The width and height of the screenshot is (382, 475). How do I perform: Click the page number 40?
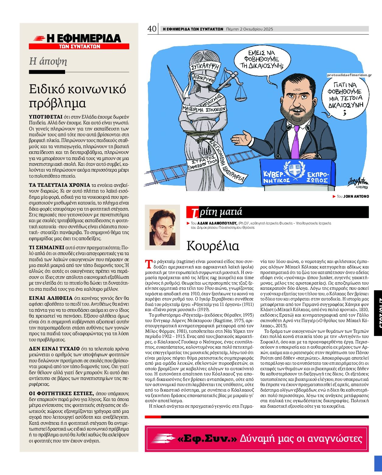tap(151, 29)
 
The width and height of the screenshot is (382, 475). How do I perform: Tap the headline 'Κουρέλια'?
tap(213, 246)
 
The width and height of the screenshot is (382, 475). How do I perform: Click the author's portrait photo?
tap(162, 225)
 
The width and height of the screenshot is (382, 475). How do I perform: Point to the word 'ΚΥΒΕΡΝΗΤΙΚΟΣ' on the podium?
tap(273, 177)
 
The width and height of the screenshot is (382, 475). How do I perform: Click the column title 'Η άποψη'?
tap(48, 61)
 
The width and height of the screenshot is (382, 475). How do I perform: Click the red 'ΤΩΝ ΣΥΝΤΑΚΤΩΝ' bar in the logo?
tap(79, 47)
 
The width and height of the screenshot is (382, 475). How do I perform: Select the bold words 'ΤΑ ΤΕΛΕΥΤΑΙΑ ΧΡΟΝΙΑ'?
tap(59, 185)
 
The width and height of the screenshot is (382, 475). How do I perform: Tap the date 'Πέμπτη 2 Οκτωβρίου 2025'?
tap(250, 29)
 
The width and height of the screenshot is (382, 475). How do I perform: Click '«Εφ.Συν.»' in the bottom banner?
tap(207, 438)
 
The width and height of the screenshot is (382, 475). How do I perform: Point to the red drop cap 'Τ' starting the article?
tap(149, 264)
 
